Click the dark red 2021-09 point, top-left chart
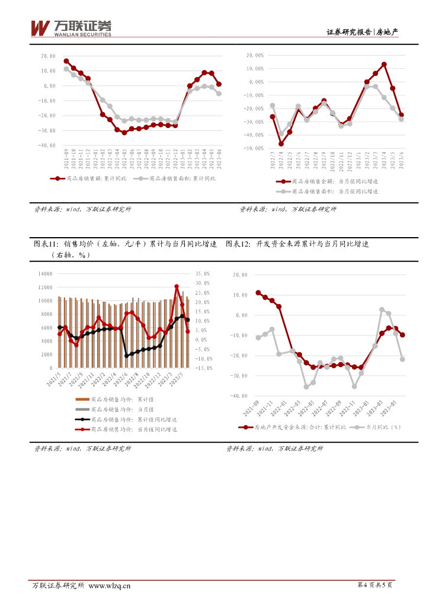point(66,61)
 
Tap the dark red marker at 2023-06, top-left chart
point(219,84)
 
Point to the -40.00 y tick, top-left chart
point(48,145)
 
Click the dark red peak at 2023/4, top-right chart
point(384,64)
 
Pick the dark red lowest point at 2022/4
point(281,143)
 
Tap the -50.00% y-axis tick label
point(252,149)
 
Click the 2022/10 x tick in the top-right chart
point(332,161)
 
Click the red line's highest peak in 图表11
point(177,286)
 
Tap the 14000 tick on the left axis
point(45,274)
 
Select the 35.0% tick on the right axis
point(203,274)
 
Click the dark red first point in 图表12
point(258,292)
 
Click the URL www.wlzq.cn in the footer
point(109,586)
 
